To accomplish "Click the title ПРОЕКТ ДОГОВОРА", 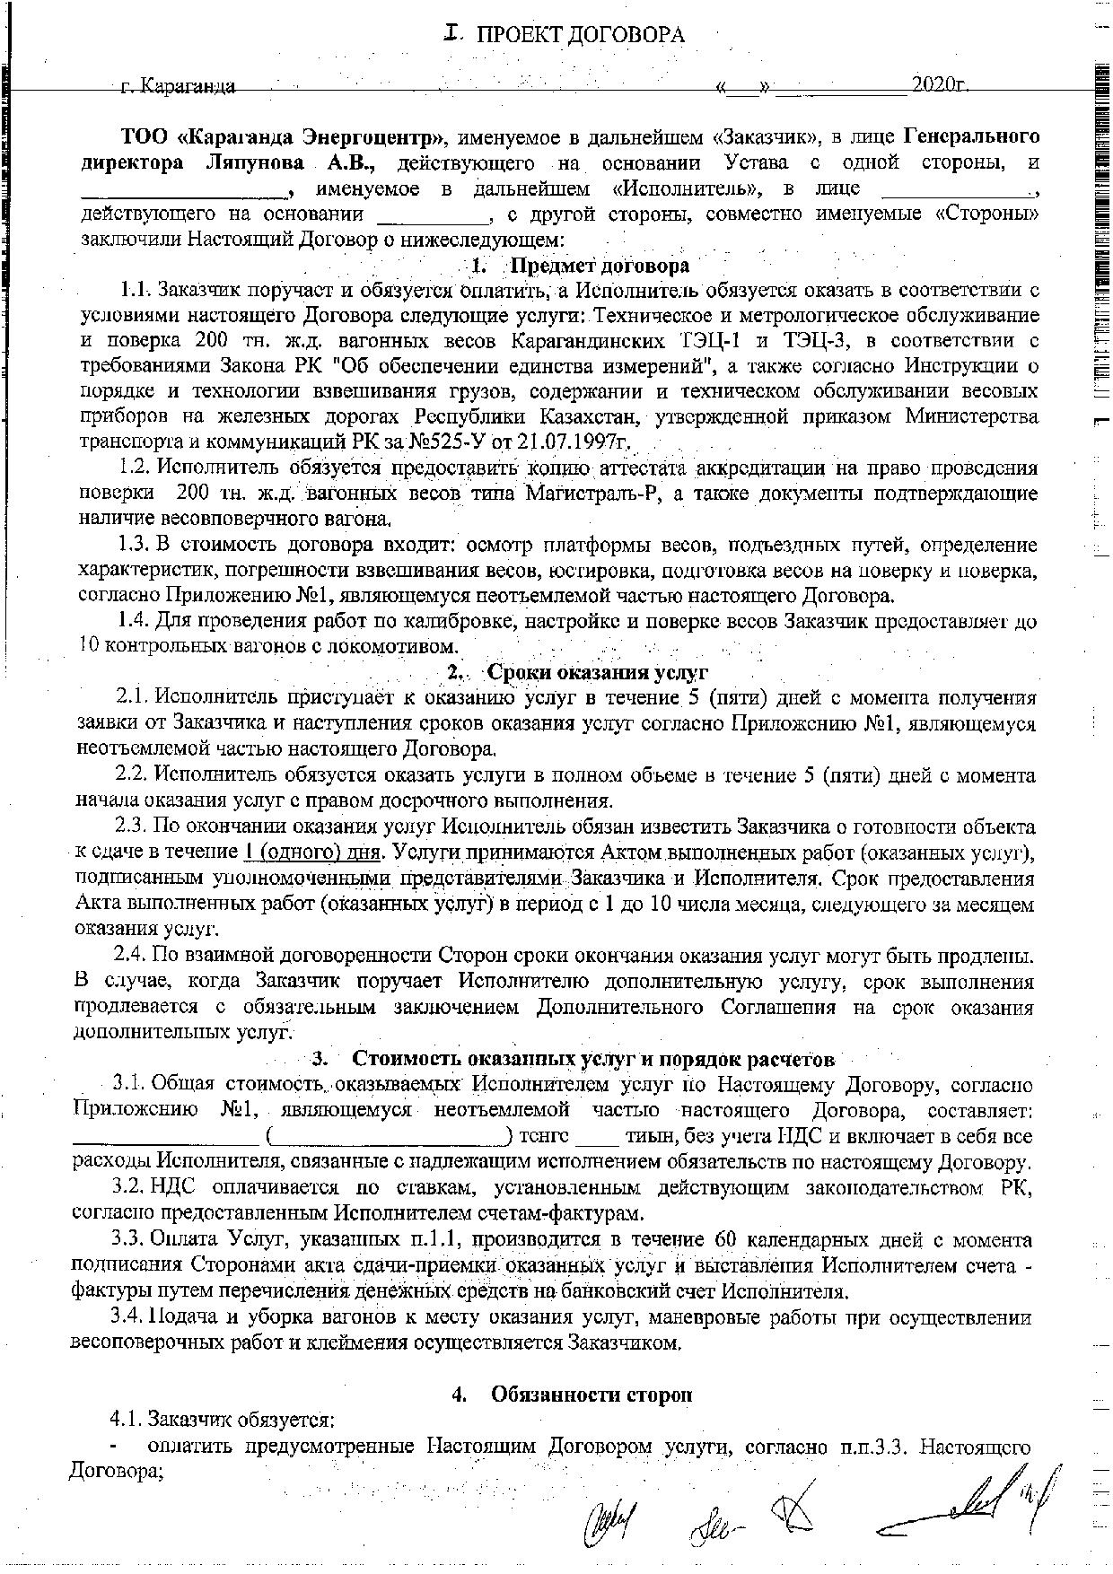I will pyautogui.click(x=580, y=35).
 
